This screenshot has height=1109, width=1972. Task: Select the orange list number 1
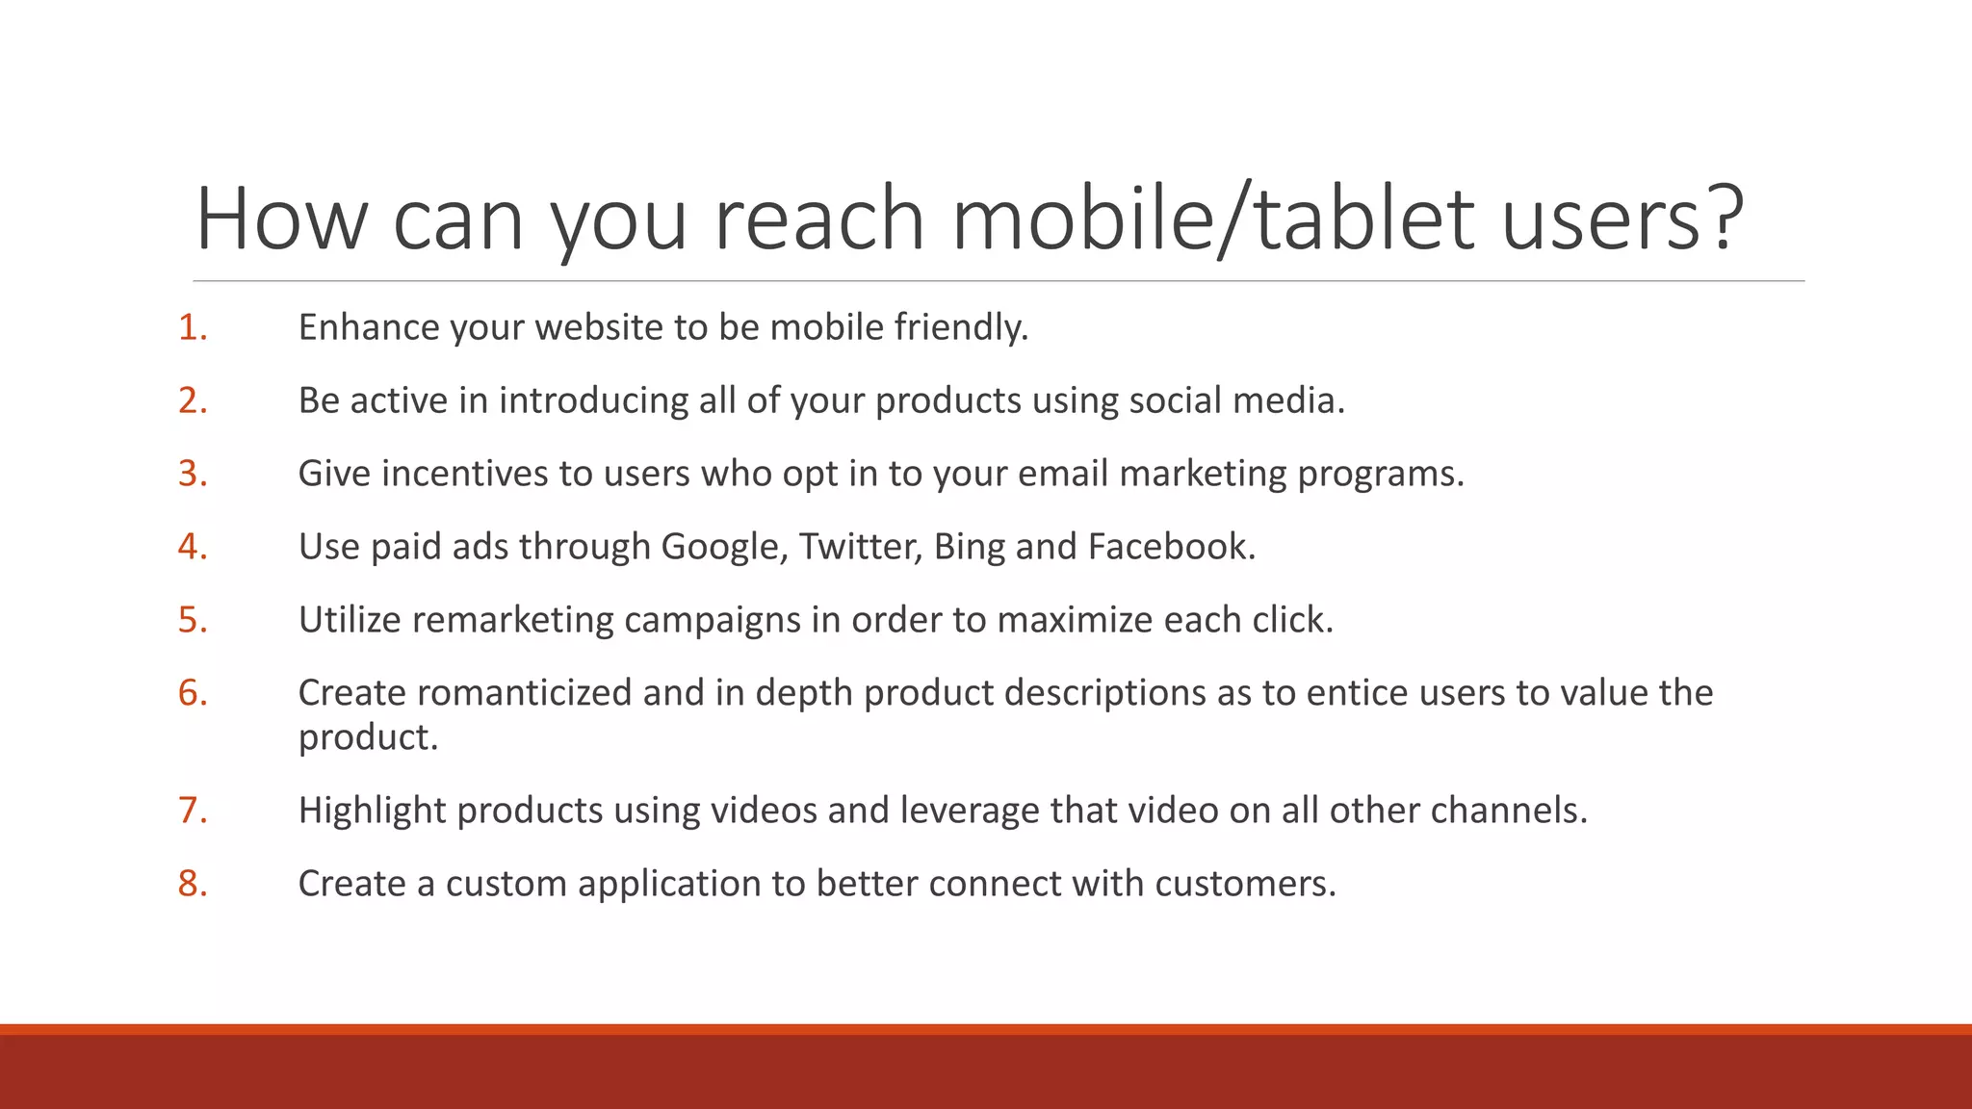[192, 327]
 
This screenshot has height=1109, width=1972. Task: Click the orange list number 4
[192, 547]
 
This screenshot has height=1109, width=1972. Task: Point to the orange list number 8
[192, 884]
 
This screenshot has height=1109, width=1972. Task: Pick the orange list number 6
[192, 693]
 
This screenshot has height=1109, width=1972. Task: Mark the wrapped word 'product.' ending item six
[368, 737]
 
